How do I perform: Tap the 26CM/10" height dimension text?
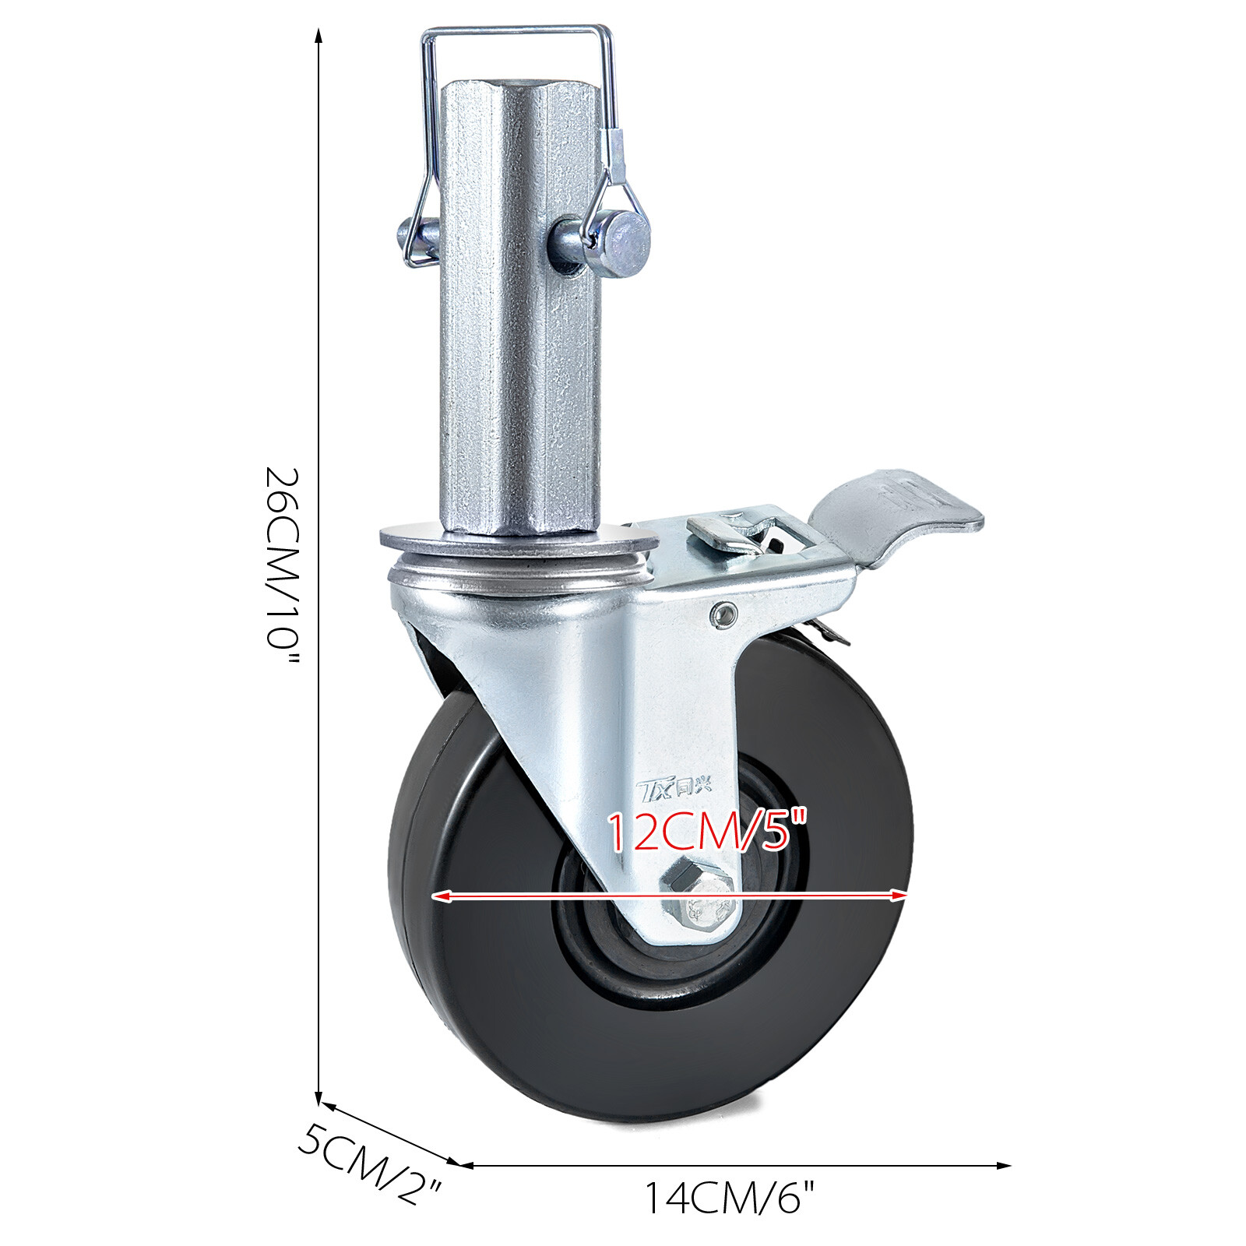pos(282,567)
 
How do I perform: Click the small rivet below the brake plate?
pos(724,614)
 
